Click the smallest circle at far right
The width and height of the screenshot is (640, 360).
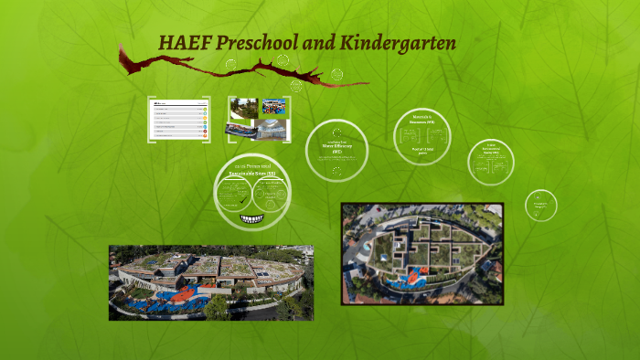(540, 206)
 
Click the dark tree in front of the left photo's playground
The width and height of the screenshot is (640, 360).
(218, 306)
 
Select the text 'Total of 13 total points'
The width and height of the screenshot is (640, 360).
(421, 151)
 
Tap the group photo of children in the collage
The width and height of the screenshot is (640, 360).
(275, 106)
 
